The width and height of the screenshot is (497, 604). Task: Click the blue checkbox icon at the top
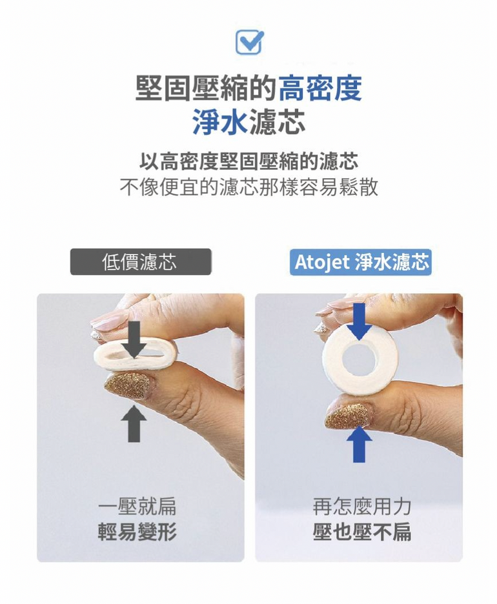coord(249,41)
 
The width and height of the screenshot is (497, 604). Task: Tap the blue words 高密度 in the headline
coord(319,88)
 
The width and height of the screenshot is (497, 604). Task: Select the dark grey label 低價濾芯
coord(140,261)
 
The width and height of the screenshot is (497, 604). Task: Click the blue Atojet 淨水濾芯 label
coord(361,262)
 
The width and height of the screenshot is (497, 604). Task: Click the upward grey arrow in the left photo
coord(134,423)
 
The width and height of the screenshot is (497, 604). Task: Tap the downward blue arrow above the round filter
coord(359,321)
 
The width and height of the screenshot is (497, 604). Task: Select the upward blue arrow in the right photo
coord(359,444)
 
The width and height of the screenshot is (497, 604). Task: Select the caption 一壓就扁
coord(137,506)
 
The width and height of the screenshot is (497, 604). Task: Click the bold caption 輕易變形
coord(137,532)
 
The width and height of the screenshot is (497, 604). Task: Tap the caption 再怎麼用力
coord(361,506)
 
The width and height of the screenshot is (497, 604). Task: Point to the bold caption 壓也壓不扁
coord(361,532)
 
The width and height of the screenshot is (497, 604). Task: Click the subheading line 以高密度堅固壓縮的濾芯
coord(249,161)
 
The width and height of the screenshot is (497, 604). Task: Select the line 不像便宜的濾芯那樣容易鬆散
coord(249,187)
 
